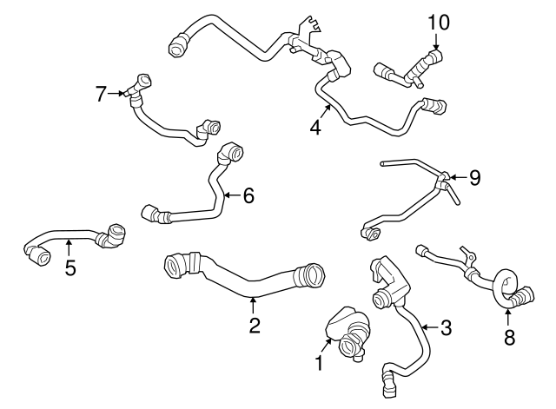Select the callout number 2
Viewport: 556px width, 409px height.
pos(254,326)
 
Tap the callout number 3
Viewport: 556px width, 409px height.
pos(446,327)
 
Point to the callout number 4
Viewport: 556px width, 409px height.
pos(315,128)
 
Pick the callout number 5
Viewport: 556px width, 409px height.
pos(70,267)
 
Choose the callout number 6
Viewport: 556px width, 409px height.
pos(248,195)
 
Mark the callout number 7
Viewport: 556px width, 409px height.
pos(102,92)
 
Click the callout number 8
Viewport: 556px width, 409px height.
pos(508,334)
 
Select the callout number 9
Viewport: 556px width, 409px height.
pos(473,178)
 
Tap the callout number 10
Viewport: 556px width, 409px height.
pos(439,22)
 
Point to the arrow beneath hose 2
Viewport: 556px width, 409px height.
pos(254,305)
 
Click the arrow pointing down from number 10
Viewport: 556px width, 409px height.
pos(436,42)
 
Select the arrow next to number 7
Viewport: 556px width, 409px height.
pos(120,92)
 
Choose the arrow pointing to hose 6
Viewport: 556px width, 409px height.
pos(230,195)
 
